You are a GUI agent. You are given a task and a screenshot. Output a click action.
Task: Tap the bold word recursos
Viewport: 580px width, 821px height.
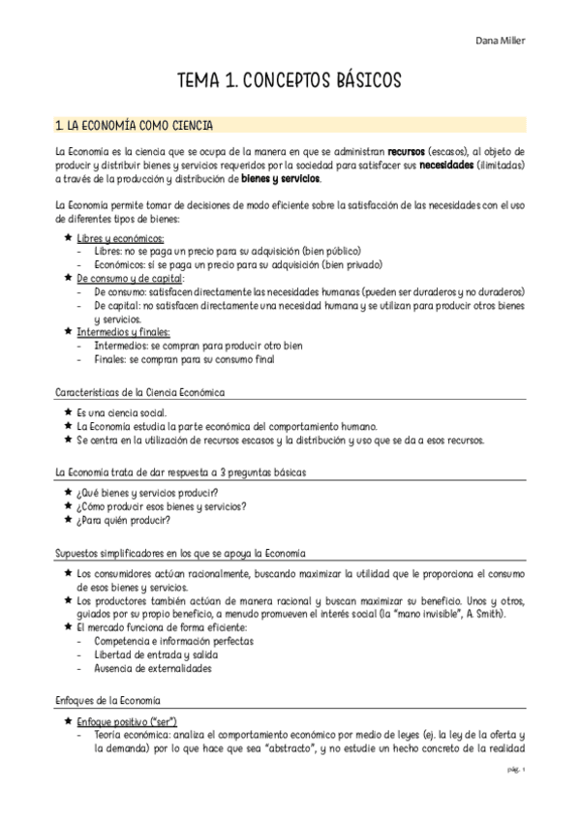pyautogui.click(x=412, y=152)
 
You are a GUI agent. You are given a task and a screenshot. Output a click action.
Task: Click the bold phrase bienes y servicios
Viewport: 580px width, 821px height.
pyautogui.click(x=280, y=179)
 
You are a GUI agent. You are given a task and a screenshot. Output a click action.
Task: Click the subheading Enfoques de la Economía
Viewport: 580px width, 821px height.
pyautogui.click(x=107, y=700)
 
